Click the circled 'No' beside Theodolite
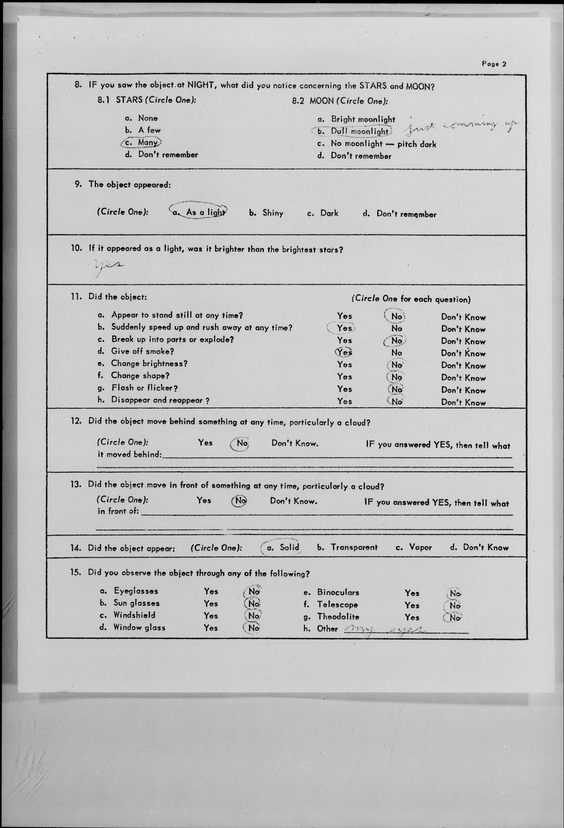click(453, 618)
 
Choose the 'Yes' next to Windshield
click(211, 615)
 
